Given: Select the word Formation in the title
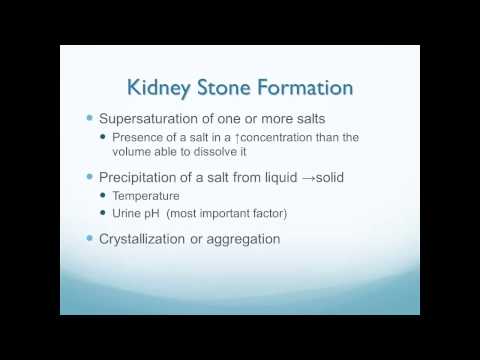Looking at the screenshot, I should point(309,88).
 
